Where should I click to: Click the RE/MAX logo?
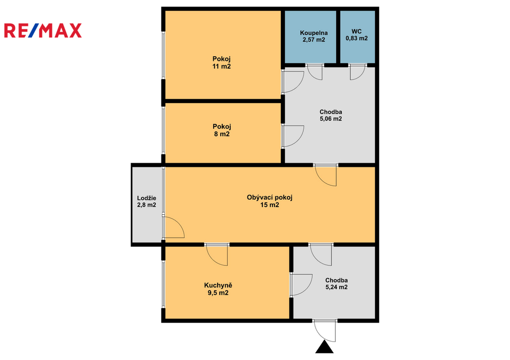point(43,30)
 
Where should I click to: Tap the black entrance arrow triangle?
point(324,347)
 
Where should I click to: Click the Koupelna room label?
point(314,33)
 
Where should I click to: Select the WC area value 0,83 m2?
point(357,38)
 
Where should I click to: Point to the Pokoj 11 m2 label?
point(222,63)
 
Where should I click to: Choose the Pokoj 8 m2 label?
point(222,130)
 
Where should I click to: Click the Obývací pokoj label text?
point(269,197)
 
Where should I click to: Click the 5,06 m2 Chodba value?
point(331,119)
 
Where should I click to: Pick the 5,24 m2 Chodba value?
point(336,287)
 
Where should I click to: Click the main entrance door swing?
point(325,331)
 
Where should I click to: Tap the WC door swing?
point(358,72)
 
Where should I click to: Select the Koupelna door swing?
point(315,72)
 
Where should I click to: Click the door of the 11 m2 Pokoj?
point(293,82)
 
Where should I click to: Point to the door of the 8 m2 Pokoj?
point(293,136)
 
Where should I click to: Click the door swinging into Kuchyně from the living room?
point(217,255)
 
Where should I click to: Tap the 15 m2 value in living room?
point(269,205)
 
